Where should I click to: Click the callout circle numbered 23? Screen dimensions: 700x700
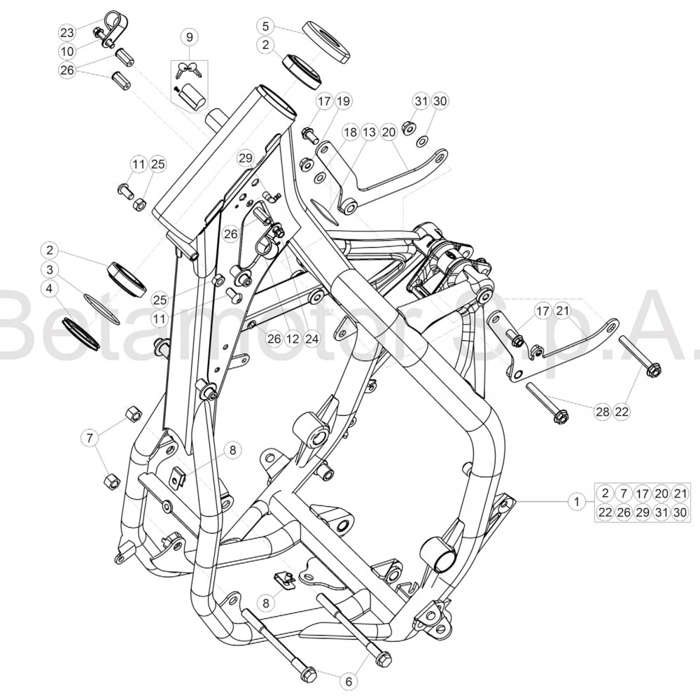coord(67,32)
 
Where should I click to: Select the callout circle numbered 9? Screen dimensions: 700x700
coord(190,37)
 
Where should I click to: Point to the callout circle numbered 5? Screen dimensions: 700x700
coord(266,26)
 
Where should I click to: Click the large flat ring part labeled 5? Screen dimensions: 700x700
coord(326,43)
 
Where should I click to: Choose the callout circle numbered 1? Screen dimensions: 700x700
coord(577,501)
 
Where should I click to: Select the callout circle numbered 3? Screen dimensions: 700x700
coord(50,269)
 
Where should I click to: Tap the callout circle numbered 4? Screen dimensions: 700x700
coord(50,289)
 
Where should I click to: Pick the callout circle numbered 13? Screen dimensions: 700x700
coord(369,132)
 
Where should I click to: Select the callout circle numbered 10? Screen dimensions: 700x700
coord(67,51)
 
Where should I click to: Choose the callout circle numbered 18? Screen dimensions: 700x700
coord(351,132)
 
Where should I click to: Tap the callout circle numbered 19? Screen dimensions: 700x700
coord(343,101)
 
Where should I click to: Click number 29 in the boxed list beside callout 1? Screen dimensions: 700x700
coord(643,512)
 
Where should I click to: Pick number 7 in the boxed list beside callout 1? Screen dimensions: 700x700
coord(624,493)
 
